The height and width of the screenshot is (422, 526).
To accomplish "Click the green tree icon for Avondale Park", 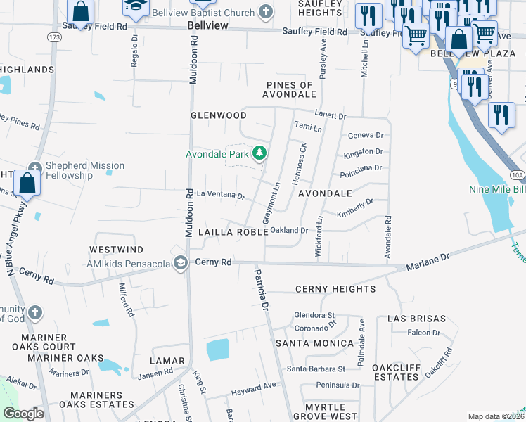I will tap(260, 153).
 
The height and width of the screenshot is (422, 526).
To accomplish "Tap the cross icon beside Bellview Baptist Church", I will tap(265, 11).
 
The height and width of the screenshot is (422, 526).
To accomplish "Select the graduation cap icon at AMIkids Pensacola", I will tap(181, 263).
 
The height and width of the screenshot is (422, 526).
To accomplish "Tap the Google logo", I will tap(24, 414).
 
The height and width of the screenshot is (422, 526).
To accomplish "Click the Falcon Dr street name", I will tap(423, 333).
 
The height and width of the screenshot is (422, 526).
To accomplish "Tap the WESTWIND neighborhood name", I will tap(116, 250).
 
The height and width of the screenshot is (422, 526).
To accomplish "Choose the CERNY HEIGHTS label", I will tap(335, 289).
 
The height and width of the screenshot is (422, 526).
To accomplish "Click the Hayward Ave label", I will tap(255, 387).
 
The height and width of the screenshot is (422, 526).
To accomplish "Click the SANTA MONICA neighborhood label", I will tap(314, 343).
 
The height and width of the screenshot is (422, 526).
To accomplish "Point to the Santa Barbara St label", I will tap(316, 369).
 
